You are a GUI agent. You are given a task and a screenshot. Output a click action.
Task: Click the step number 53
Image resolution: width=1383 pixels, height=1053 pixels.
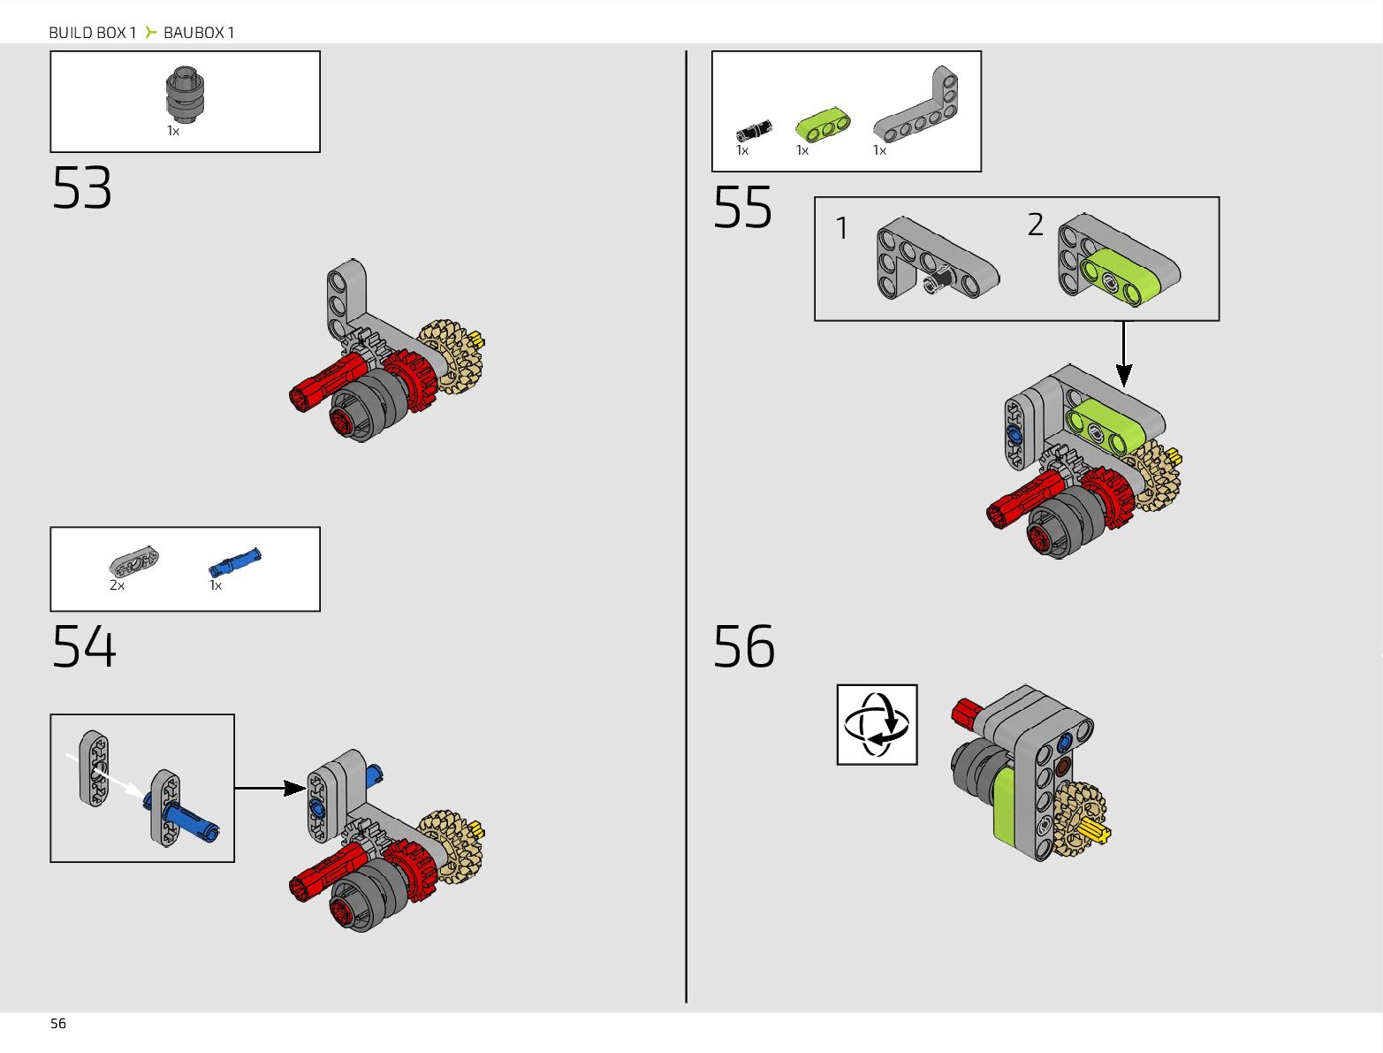coord(82,187)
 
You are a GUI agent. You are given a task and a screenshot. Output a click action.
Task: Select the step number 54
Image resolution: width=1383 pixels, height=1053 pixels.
coord(84,646)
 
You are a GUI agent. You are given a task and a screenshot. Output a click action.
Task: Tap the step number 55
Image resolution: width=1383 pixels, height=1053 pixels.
coord(742,207)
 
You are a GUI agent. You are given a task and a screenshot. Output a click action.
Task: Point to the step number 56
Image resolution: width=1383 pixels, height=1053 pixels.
coord(744,646)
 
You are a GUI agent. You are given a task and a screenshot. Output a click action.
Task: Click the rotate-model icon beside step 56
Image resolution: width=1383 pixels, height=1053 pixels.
coord(877,725)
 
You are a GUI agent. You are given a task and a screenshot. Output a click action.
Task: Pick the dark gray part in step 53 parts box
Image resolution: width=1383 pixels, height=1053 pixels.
coord(186,95)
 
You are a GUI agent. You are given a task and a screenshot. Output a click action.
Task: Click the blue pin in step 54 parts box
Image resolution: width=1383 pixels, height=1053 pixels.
coord(234,562)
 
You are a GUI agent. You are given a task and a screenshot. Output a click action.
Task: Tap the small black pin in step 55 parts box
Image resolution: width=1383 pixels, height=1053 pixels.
coord(754,130)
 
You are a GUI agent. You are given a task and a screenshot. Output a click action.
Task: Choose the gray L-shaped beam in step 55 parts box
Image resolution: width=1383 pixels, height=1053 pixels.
coord(916,104)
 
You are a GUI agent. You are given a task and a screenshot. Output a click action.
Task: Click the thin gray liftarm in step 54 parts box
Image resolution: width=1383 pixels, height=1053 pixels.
coord(133,561)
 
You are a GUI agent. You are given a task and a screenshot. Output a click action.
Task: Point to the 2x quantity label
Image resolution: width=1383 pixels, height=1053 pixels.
coord(118,585)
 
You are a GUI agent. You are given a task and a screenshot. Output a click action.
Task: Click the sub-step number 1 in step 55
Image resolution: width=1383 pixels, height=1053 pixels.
coord(841,228)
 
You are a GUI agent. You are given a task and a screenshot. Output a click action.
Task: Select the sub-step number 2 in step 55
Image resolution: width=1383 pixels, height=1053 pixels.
coord(1035,225)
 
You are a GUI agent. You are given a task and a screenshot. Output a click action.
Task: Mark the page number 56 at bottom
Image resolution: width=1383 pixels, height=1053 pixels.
coord(58,1024)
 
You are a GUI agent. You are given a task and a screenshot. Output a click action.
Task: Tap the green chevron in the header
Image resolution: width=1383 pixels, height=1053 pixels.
coord(150,32)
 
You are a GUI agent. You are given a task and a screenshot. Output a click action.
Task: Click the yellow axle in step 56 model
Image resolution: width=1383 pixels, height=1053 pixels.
coord(1094,833)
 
